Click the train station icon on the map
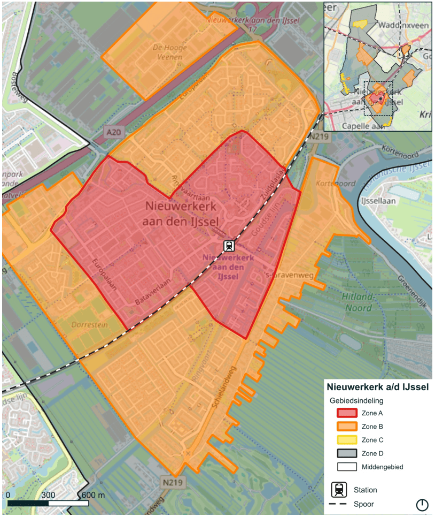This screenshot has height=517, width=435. [x=229, y=246]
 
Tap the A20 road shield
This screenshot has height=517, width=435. [x=112, y=132]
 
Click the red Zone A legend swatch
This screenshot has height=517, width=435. [x=346, y=413]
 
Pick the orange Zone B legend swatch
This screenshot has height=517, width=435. [x=346, y=427]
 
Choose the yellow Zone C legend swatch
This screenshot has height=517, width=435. [x=346, y=440]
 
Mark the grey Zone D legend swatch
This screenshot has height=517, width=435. [x=346, y=453]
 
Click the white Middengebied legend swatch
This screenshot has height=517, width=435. [x=346, y=467]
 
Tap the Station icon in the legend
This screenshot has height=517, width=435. [x=339, y=490]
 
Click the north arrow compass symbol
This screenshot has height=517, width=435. [x=422, y=504]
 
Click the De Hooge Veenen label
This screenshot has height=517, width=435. [x=168, y=52]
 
